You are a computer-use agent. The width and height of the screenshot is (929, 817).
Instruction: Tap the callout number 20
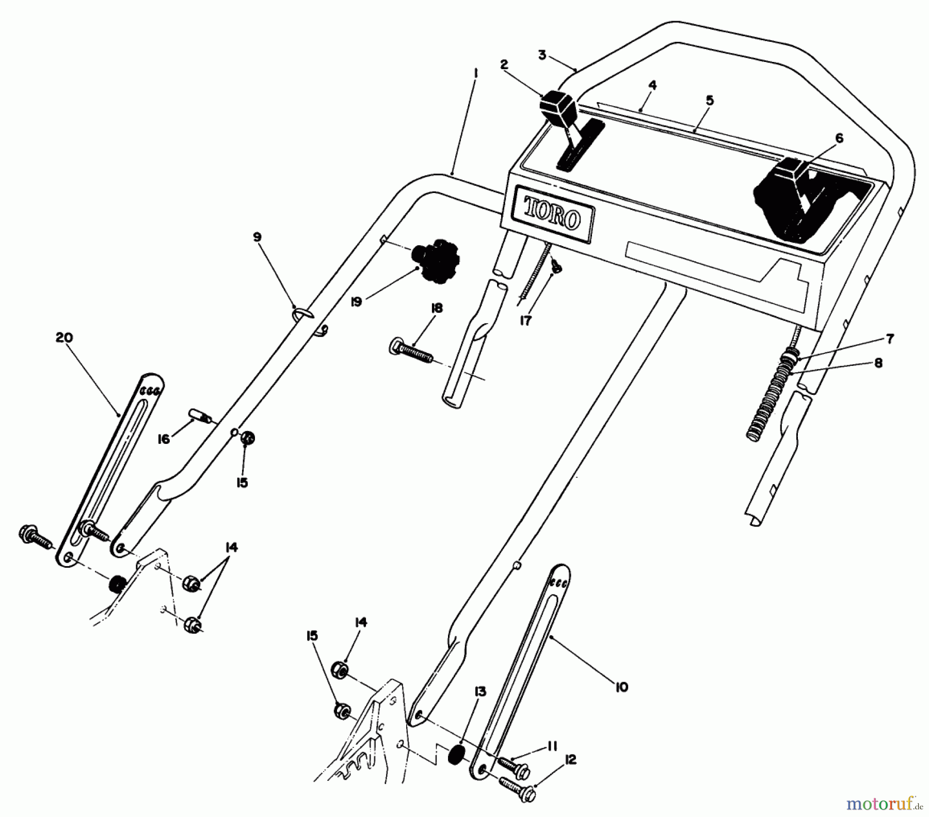point(64,338)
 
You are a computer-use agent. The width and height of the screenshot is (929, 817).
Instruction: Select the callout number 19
point(356,302)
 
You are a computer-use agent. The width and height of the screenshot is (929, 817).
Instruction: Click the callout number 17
point(525,321)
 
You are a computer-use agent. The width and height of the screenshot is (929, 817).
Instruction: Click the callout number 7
point(890,339)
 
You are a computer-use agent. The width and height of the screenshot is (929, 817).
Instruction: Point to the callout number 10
point(621,687)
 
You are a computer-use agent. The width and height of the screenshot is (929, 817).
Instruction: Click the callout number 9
point(257,237)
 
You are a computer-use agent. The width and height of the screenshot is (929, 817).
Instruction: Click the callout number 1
point(475,74)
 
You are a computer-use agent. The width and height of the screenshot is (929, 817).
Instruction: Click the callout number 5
point(710,100)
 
